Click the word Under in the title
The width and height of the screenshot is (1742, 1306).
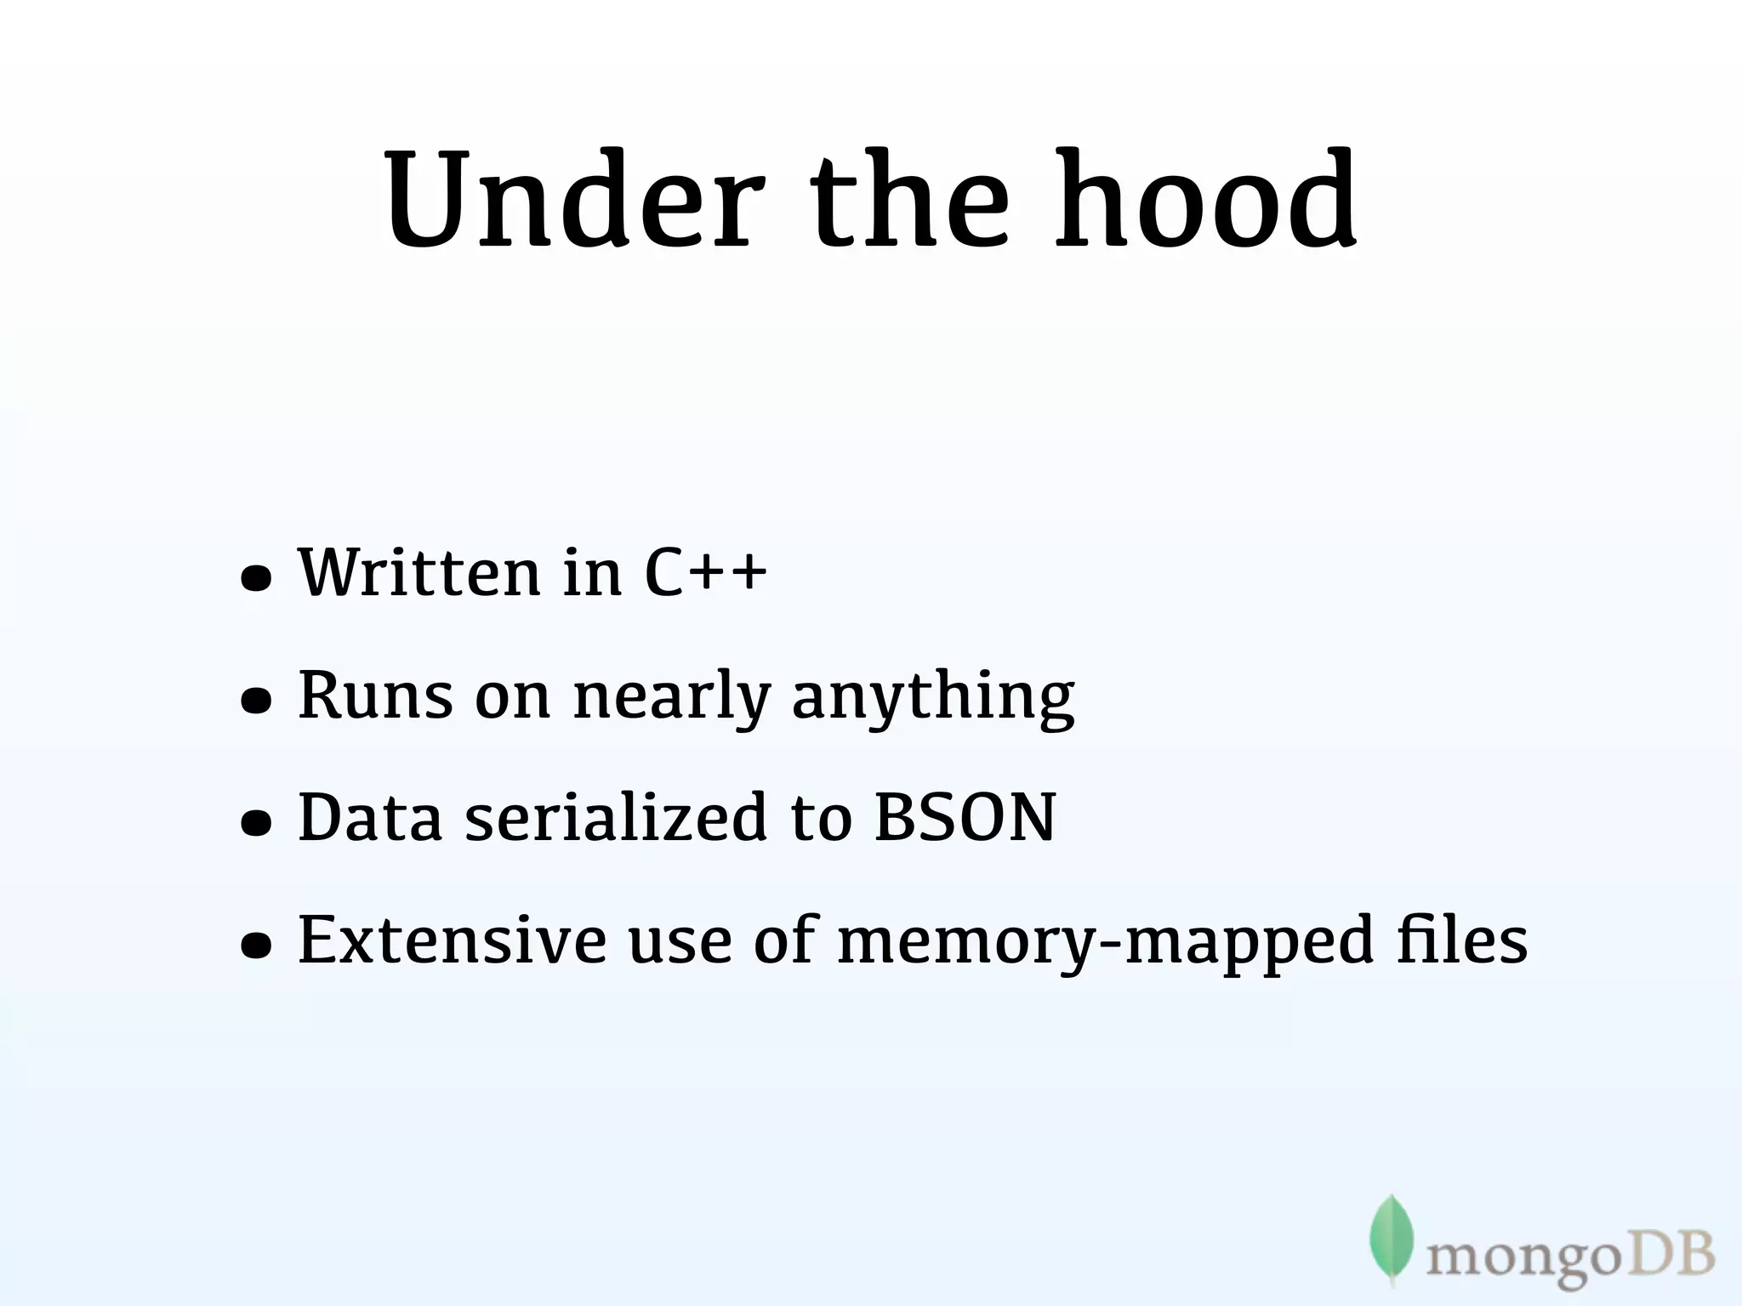[568, 200]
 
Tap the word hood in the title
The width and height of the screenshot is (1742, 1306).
[1205, 200]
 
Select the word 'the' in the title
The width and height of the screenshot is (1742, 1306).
[909, 200]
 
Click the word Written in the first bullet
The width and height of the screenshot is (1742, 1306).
[419, 571]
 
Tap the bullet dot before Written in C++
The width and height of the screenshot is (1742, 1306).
[256, 579]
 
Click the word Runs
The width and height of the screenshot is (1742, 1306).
[375, 696]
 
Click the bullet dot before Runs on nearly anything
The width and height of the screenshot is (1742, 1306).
[256, 701]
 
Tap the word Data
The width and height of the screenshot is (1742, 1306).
[370, 818]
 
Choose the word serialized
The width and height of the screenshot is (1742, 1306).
[617, 818]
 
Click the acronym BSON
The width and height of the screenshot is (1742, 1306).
[965, 818]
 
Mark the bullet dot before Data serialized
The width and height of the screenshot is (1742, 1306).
[256, 823]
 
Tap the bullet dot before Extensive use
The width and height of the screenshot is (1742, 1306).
[256, 945]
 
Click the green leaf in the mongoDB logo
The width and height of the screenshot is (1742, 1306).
[1391, 1238]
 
